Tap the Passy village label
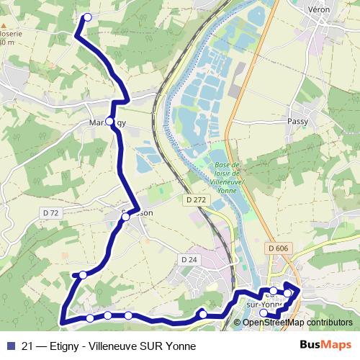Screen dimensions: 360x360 coord(297,122)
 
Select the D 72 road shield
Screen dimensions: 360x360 coord(50,213)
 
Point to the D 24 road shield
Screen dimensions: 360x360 coord(189,259)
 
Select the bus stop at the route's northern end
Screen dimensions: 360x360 coord(88,17)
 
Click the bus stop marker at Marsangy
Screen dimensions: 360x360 coord(109,121)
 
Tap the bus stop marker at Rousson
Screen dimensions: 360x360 coord(125,216)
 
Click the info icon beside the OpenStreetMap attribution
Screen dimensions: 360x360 coord(237,323)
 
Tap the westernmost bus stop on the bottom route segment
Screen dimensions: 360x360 coord(89,318)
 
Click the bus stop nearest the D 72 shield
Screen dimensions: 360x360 coord(83,274)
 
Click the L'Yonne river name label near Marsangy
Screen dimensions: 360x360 coord(167,133)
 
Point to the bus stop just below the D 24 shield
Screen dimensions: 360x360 coord(203,313)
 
